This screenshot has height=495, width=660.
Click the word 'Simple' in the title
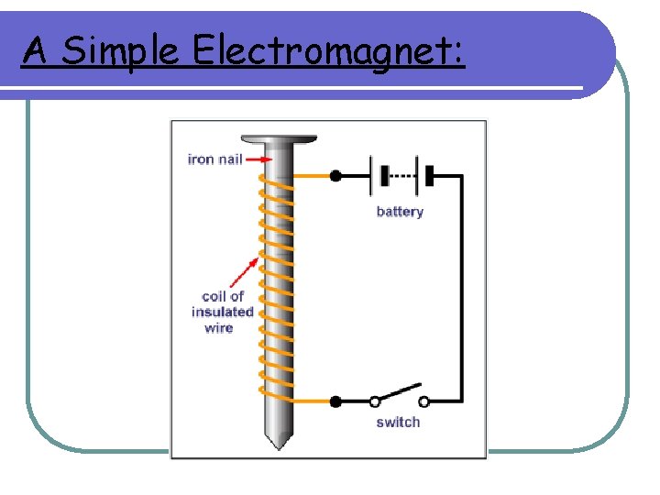tap(119, 52)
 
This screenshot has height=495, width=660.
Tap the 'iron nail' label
tap(214, 159)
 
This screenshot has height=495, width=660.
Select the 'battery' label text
tap(400, 212)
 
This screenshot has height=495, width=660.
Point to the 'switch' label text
tap(398, 423)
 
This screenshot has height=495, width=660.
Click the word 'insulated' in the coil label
tap(222, 312)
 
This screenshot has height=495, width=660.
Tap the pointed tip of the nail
tap(278, 444)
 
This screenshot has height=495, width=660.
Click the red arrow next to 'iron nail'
tap(259, 159)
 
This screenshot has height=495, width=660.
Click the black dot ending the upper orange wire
tap(335, 175)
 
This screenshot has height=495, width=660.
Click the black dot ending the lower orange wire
tap(335, 401)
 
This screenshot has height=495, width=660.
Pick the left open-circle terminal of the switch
tap(375, 401)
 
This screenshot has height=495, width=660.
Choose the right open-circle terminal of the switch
tap(423, 401)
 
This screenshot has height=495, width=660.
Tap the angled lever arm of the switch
tap(400, 392)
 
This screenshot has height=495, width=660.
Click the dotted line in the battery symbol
tap(401, 175)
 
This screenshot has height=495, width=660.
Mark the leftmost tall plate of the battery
tap(372, 175)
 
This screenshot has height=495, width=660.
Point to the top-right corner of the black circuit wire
tap(461, 175)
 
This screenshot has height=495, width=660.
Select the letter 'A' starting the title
tap(34, 51)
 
